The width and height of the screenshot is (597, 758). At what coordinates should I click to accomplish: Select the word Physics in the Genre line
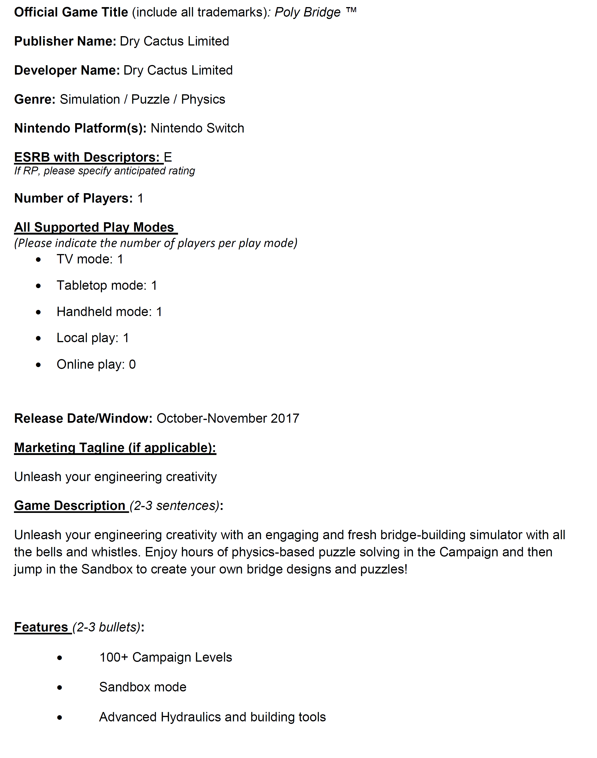[x=203, y=99]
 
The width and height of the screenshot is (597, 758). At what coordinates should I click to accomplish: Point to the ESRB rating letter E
[x=168, y=157]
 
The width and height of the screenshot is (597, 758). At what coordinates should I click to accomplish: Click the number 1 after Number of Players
[x=140, y=198]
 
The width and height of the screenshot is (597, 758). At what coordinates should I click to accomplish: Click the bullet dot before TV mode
[x=38, y=260]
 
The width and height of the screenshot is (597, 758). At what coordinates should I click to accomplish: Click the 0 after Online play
[x=132, y=364]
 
